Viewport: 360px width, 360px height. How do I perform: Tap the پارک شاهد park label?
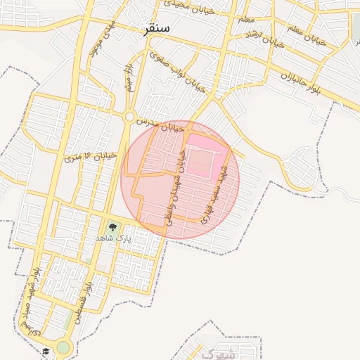113,239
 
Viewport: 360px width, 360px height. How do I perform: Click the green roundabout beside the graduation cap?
64,347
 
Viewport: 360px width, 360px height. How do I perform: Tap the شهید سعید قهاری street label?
214,195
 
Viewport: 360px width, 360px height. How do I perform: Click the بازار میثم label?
130,79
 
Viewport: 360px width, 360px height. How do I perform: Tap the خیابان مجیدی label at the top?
185,4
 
